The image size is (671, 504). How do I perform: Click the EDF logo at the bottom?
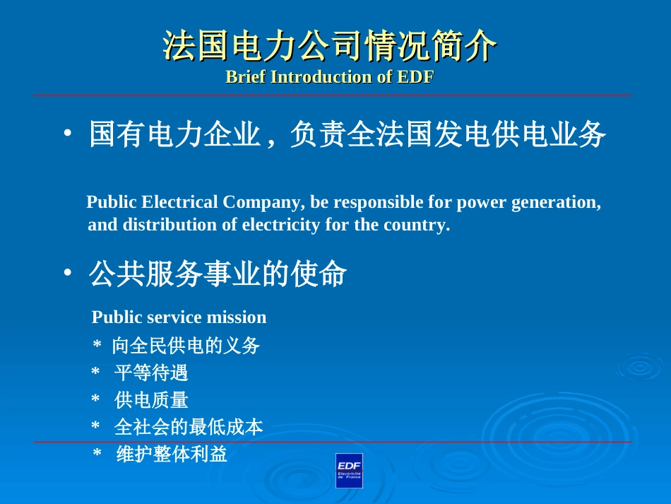click(349, 470)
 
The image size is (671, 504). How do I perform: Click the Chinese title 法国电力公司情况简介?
click(330, 47)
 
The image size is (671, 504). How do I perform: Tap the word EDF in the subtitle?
click(415, 77)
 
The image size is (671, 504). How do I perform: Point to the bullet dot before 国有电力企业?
click(66, 134)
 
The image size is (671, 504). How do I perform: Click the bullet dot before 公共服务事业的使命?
click(66, 274)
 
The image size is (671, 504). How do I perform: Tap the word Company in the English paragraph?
click(263, 203)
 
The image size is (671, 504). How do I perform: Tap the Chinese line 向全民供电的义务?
click(186, 346)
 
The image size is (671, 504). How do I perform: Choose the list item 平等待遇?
click(151, 373)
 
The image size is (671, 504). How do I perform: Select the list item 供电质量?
click(151, 400)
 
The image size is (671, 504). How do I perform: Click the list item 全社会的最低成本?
click(189, 427)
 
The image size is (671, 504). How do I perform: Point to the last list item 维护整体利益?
click(172, 454)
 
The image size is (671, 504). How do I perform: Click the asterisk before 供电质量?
click(95, 401)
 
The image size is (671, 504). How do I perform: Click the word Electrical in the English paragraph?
click(180, 203)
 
